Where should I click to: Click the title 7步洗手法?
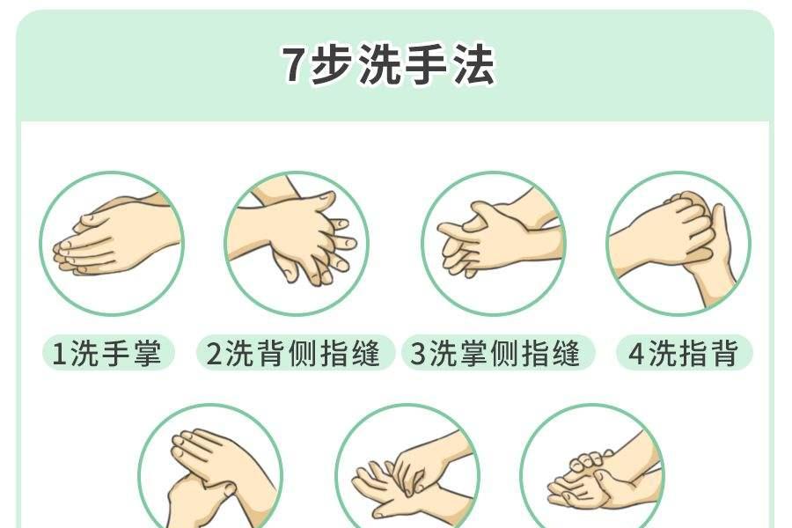389,64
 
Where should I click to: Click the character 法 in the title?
475,64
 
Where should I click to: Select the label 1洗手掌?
107,352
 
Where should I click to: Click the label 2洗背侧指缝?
295,352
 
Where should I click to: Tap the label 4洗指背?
685,352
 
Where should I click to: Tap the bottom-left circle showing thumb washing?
210,467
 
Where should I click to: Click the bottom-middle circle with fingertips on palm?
407,467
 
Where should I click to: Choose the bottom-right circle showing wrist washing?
592,467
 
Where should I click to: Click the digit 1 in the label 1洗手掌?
59,353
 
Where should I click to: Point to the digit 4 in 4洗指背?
636,353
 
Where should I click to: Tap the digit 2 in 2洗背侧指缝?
214,353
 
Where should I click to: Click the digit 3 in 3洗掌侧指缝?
419,353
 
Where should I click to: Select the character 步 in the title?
329,64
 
